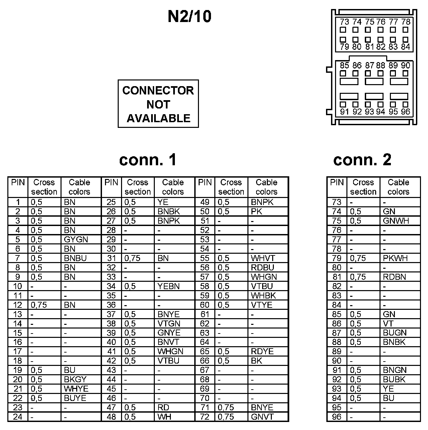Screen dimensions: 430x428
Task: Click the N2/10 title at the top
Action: pos(189,17)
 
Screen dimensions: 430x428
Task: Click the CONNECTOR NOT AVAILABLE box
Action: pos(158,104)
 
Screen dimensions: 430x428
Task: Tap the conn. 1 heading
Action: pos(147,160)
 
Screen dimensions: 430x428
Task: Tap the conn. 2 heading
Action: pos(362,160)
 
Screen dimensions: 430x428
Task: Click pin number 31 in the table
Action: pos(111,258)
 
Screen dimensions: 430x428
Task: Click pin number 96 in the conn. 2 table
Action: pos(337,417)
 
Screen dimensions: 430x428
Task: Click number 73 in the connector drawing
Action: pos(344,22)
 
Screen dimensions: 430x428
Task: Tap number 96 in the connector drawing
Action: pos(405,112)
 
